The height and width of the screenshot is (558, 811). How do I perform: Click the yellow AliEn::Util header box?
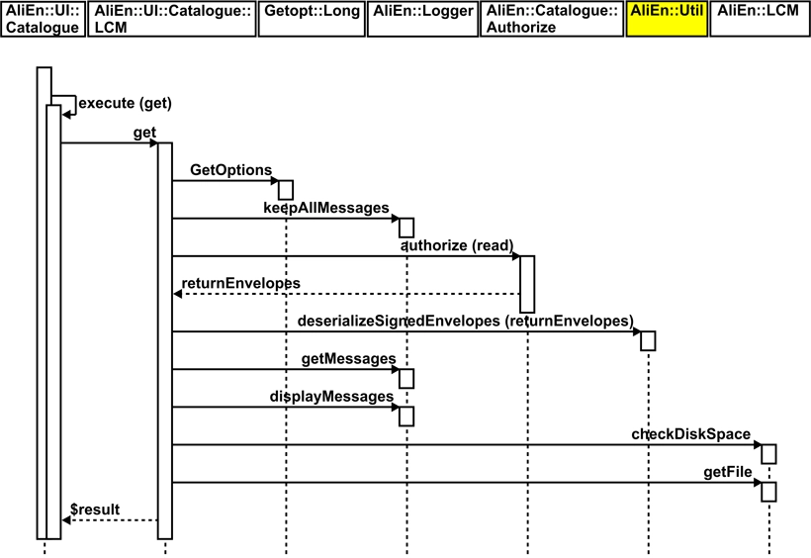point(667,19)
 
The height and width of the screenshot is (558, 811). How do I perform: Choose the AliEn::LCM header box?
point(759,19)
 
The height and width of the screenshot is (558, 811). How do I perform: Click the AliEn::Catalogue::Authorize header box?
point(552,19)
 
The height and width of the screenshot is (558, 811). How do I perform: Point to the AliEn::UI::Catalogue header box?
point(42,19)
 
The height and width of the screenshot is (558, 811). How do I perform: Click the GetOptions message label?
point(230,170)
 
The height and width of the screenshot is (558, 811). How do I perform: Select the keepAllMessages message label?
point(325,208)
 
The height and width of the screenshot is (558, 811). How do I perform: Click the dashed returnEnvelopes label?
point(241,283)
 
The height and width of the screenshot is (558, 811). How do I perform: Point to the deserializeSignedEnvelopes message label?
point(465,321)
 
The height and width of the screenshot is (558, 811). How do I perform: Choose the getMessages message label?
point(347,358)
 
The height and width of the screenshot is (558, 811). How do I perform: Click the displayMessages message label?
point(331,396)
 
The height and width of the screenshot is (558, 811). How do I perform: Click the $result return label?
point(95,510)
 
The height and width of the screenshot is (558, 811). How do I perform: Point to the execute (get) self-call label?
point(117,103)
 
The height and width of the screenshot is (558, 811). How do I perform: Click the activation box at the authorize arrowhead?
point(527,284)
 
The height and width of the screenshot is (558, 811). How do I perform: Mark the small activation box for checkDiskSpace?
point(768,453)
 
